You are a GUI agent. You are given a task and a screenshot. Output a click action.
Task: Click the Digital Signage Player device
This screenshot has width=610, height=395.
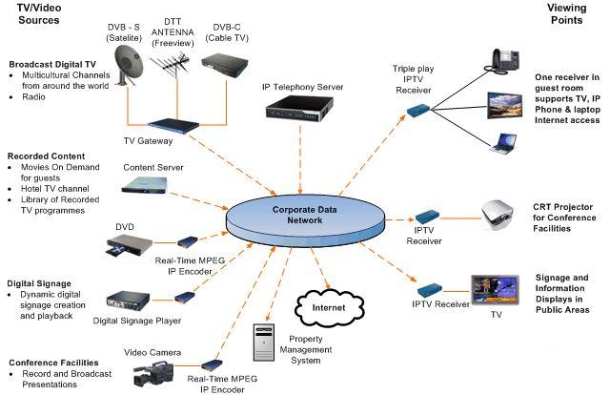coord(133,306)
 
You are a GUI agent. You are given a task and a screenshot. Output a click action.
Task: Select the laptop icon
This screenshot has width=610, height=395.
coord(503,144)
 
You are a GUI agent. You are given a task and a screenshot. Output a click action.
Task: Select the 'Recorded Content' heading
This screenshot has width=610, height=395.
coord(46,156)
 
